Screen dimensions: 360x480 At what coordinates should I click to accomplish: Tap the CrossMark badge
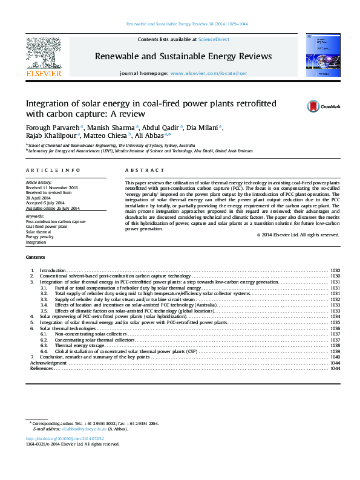tap(314, 106)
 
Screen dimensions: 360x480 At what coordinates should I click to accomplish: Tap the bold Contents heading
tap(36, 257)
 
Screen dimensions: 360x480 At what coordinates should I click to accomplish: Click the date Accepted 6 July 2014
tap(43, 203)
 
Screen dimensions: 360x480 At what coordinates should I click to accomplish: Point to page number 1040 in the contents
tap(335, 357)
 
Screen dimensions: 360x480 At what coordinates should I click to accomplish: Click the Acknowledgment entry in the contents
tap(48, 363)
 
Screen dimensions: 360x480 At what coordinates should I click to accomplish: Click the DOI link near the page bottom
tap(65, 438)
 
